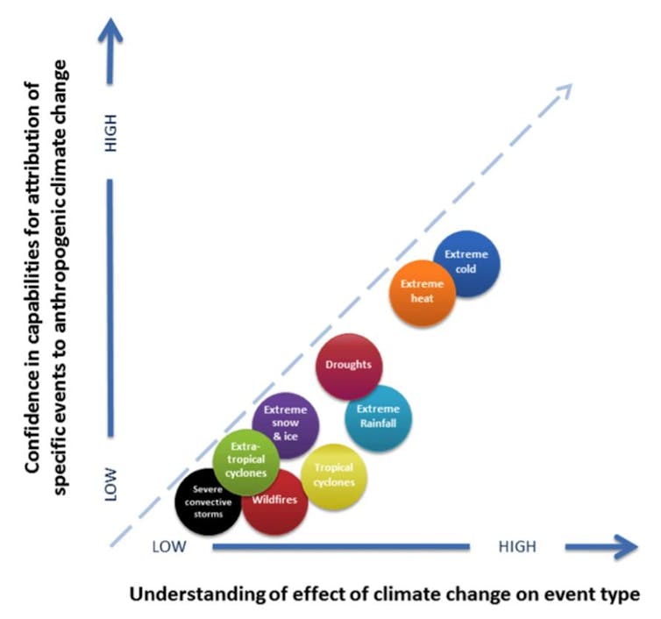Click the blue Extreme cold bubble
466,263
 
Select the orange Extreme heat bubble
423,292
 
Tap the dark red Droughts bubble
348,366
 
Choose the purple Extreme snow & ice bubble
286,425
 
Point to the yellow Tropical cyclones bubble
334,475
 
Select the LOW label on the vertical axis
111,483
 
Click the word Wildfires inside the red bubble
274,501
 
